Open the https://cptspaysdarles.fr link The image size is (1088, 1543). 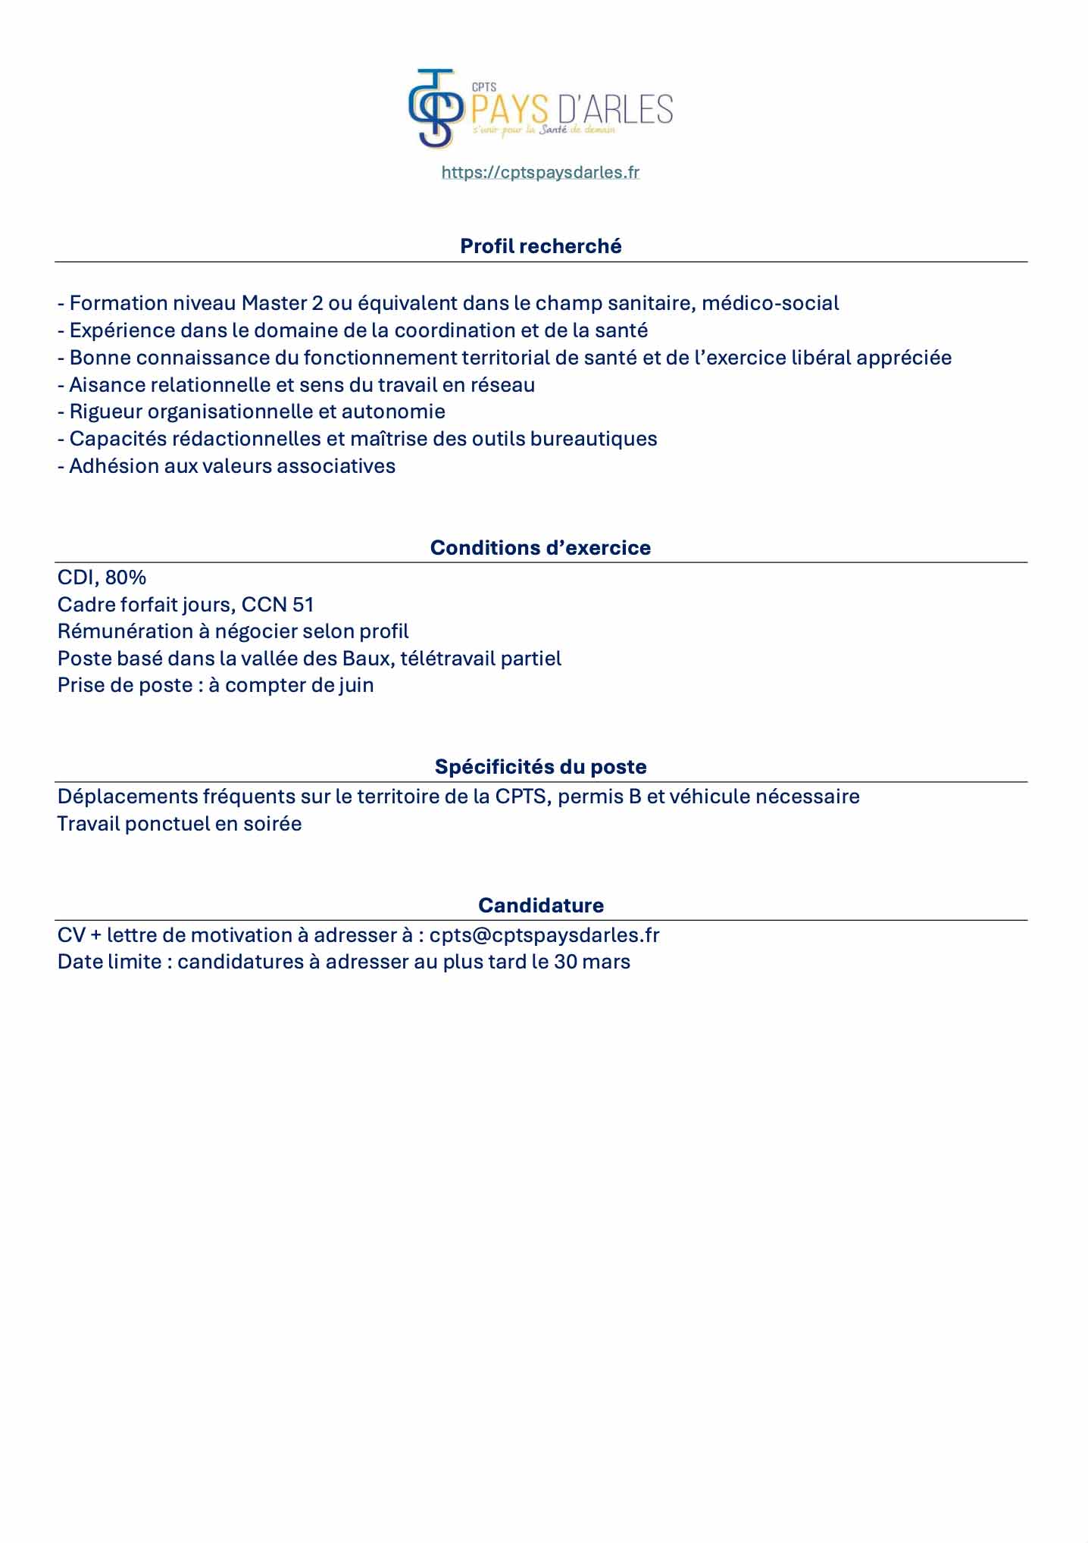point(540,173)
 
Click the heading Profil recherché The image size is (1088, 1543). point(541,246)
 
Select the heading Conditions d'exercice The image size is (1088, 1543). point(540,548)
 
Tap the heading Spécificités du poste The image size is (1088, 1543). point(540,767)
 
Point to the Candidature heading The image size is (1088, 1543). point(541,906)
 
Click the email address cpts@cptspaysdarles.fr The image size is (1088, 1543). point(544,935)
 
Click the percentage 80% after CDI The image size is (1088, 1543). point(126,577)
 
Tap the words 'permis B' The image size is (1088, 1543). point(599,797)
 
